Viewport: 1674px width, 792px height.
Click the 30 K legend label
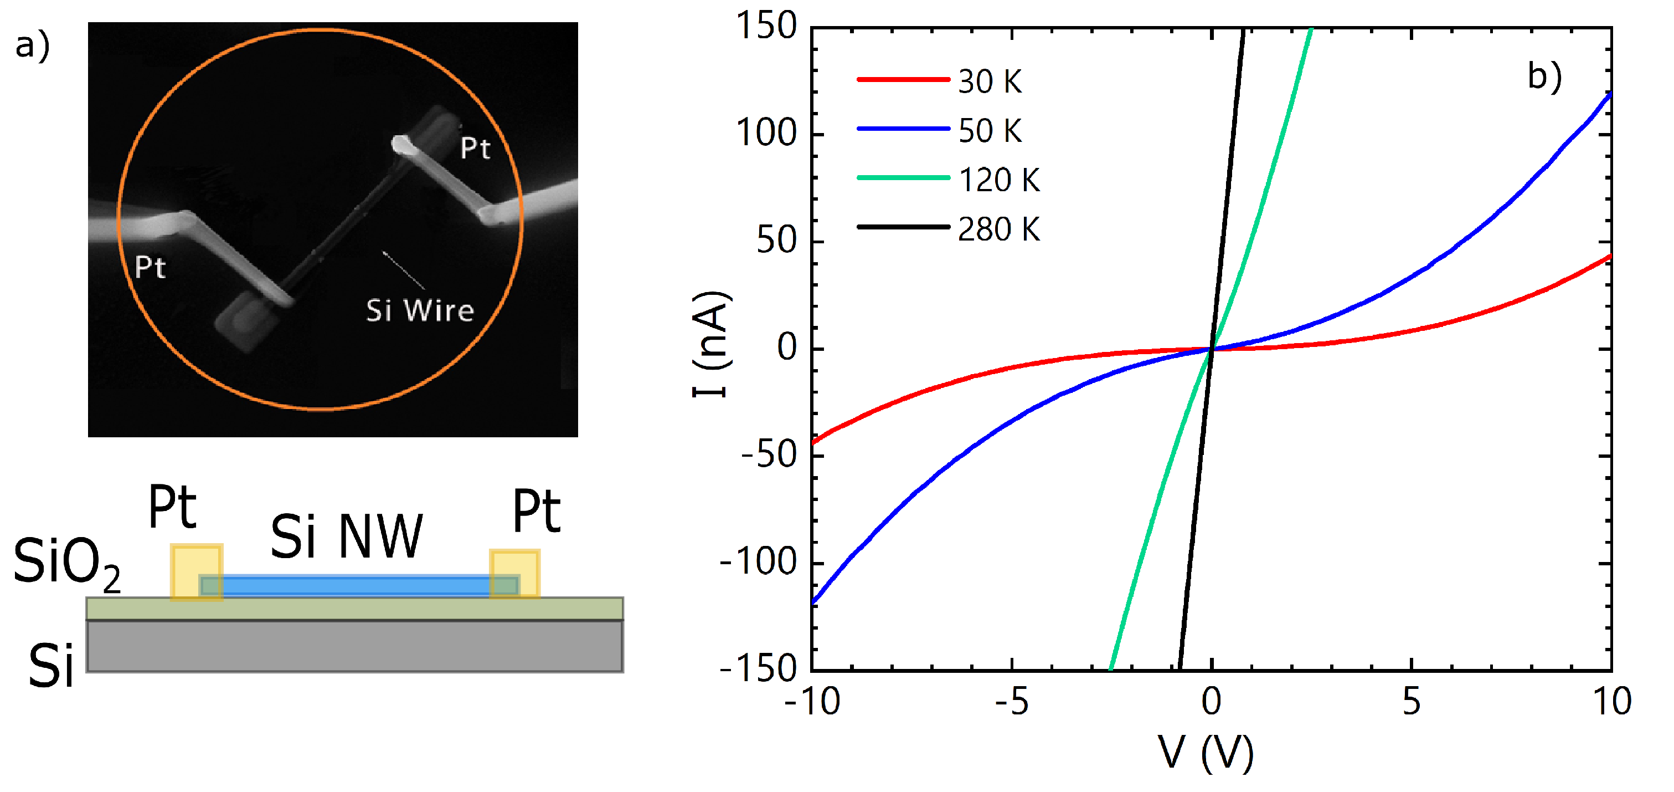click(x=990, y=82)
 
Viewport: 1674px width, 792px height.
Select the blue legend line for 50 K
click(x=903, y=129)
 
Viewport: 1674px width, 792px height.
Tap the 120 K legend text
click(x=999, y=180)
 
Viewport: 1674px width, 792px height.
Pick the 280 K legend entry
click(x=999, y=229)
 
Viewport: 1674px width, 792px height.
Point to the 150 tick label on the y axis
click(x=766, y=27)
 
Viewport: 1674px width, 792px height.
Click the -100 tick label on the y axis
click(x=758, y=562)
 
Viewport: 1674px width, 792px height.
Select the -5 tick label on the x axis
click(x=1011, y=702)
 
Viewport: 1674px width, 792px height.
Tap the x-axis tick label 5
click(x=1411, y=702)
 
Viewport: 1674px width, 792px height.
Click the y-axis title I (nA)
click(x=712, y=345)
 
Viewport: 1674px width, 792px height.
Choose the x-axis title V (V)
click(x=1206, y=753)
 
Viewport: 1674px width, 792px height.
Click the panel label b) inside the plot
click(x=1544, y=76)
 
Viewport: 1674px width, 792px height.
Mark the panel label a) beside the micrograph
click(x=33, y=45)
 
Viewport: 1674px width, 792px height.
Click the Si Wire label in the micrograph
click(x=420, y=310)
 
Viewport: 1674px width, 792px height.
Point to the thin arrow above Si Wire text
click(x=404, y=269)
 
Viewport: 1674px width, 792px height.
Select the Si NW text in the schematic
click(x=346, y=536)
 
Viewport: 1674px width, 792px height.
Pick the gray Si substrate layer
click(x=354, y=646)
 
